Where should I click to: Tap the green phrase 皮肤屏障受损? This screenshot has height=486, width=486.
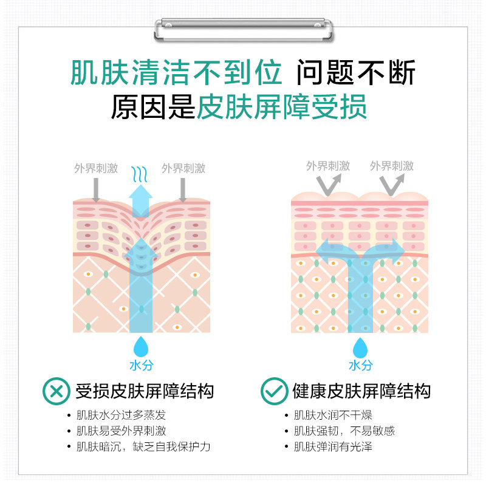click(x=282, y=108)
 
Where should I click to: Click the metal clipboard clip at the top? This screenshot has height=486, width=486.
click(x=243, y=29)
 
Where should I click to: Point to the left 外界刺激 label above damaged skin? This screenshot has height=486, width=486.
click(x=96, y=168)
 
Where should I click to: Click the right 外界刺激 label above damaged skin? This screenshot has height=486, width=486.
click(x=183, y=168)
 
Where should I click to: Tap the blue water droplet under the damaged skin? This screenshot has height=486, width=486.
click(x=141, y=346)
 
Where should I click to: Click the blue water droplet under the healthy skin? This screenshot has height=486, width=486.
click(x=361, y=347)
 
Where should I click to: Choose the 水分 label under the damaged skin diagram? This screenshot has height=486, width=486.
click(x=141, y=365)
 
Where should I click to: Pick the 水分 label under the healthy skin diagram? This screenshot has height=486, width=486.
click(x=361, y=366)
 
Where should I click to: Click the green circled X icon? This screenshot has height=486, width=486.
click(x=56, y=391)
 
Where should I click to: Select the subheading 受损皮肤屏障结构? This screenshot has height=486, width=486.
click(x=145, y=391)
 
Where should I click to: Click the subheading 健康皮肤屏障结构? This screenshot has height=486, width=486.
click(x=361, y=391)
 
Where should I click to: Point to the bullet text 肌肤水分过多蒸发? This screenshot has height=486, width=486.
click(x=121, y=416)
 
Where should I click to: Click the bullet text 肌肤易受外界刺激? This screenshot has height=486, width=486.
click(x=121, y=431)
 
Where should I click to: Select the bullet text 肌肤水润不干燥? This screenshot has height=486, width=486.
click(x=333, y=416)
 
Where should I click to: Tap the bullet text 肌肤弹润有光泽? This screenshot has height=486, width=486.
click(x=333, y=447)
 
